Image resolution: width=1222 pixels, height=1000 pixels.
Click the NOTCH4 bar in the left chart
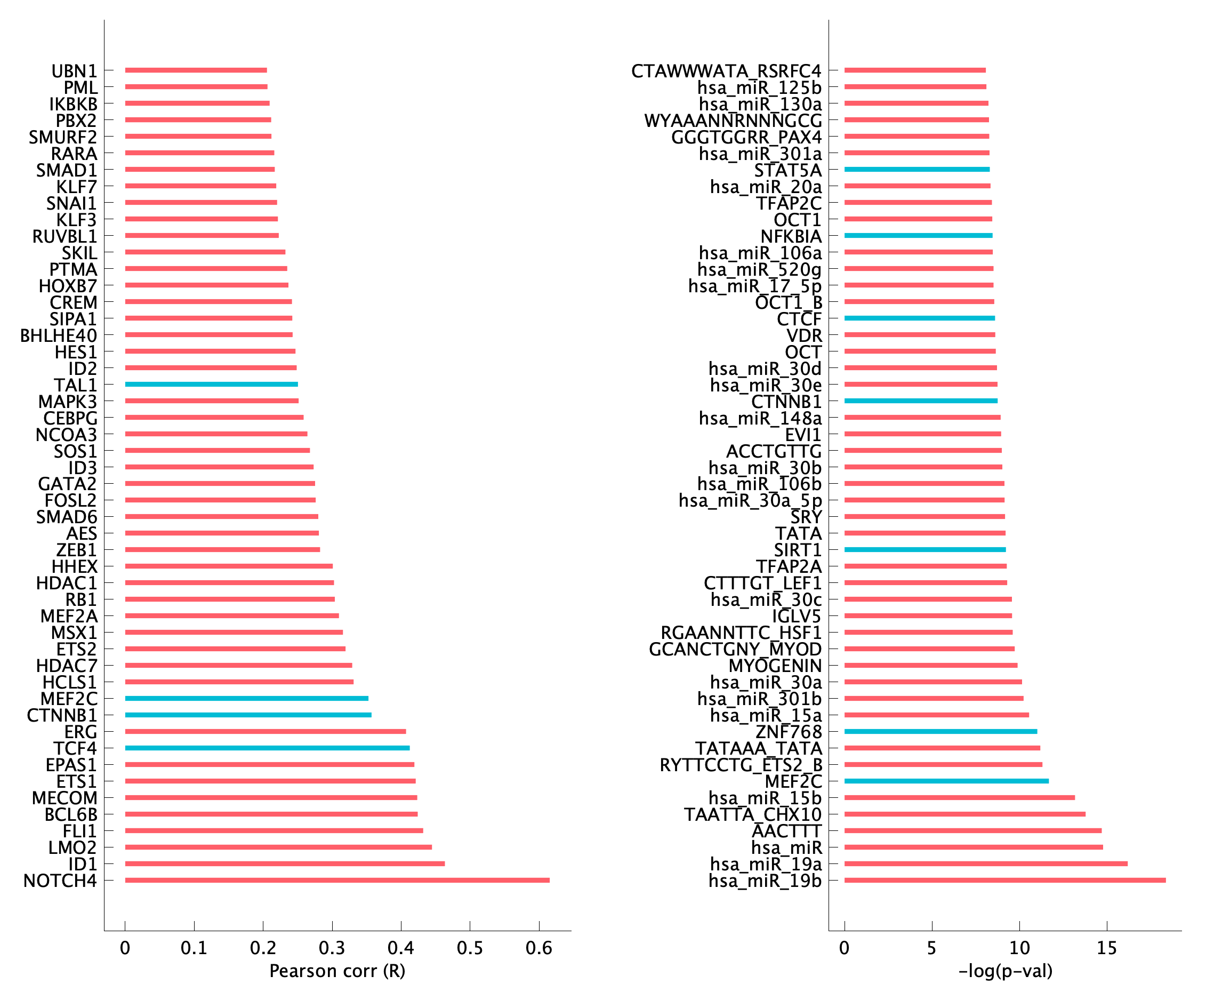click(x=337, y=880)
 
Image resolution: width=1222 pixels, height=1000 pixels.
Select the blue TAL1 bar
click(x=211, y=384)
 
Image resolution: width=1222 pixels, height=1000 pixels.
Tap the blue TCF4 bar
click(x=267, y=748)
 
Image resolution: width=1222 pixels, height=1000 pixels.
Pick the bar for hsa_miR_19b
click(x=1005, y=880)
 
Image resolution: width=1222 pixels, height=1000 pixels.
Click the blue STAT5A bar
click(x=917, y=170)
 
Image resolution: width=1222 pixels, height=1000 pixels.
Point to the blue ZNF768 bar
click(x=940, y=732)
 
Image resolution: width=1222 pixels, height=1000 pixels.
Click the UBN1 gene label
click(x=74, y=71)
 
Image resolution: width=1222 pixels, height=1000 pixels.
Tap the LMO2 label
click(x=73, y=848)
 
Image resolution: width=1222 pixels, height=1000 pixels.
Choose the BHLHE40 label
click(x=59, y=335)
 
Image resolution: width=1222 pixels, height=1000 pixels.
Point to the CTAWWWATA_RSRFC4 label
click(x=726, y=71)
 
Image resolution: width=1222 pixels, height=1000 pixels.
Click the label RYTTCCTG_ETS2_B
click(x=741, y=765)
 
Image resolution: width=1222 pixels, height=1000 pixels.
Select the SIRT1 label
click(x=798, y=550)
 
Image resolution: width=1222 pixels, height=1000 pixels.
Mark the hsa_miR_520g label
click(x=759, y=269)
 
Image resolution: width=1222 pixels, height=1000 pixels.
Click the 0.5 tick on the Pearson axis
click(x=470, y=948)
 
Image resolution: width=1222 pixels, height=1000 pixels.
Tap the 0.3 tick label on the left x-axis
click(x=332, y=948)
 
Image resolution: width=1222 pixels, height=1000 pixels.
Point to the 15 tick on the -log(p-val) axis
click(x=1106, y=948)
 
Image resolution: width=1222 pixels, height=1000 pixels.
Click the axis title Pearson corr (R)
click(x=337, y=971)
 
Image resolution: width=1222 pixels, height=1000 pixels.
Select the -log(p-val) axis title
click(x=1005, y=971)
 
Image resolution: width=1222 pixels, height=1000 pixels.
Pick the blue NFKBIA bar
click(x=918, y=236)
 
